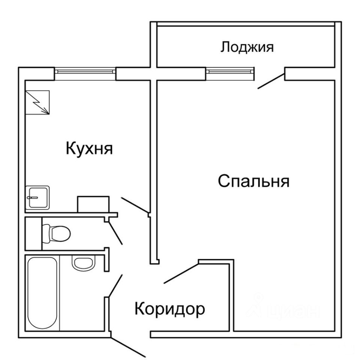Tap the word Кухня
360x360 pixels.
tap(89, 148)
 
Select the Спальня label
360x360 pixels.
tap(254, 181)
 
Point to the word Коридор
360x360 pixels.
tap(170, 309)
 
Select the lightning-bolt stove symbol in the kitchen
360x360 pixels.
tap(37, 102)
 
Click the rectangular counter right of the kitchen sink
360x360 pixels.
tap(93, 204)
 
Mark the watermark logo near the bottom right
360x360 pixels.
tap(285, 307)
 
